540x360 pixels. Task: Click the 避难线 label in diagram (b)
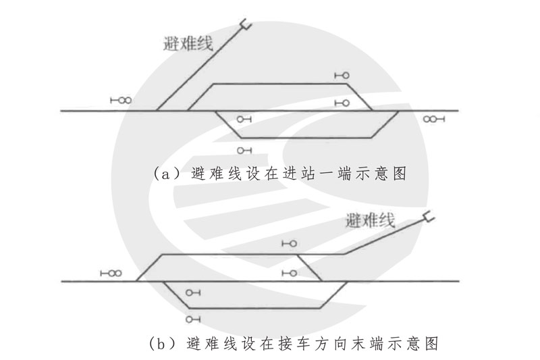370,220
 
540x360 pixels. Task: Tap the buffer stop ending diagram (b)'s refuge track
427,217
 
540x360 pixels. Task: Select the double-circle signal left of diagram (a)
121,101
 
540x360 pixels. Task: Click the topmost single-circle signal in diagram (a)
342,76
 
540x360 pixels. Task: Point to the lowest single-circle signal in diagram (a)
244,150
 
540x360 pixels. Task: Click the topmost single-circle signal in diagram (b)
290,243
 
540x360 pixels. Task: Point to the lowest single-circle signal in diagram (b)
194,318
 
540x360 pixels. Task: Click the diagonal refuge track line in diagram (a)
199,68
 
